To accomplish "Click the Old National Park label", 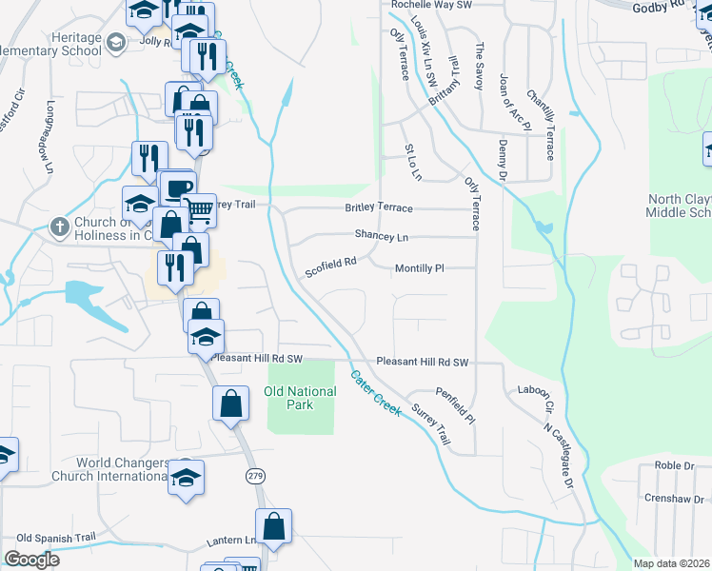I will (301, 398).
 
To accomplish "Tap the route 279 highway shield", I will (255, 475).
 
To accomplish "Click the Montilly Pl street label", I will (420, 269).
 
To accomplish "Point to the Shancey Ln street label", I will (381, 235).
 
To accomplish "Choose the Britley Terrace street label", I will (379, 207).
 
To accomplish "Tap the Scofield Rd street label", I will (330, 266).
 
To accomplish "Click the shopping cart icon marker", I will (199, 210).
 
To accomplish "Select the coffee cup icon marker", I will (177, 187).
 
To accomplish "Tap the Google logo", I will (31, 559).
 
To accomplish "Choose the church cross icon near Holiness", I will (59, 227).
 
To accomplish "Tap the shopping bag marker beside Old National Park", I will (231, 405).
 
